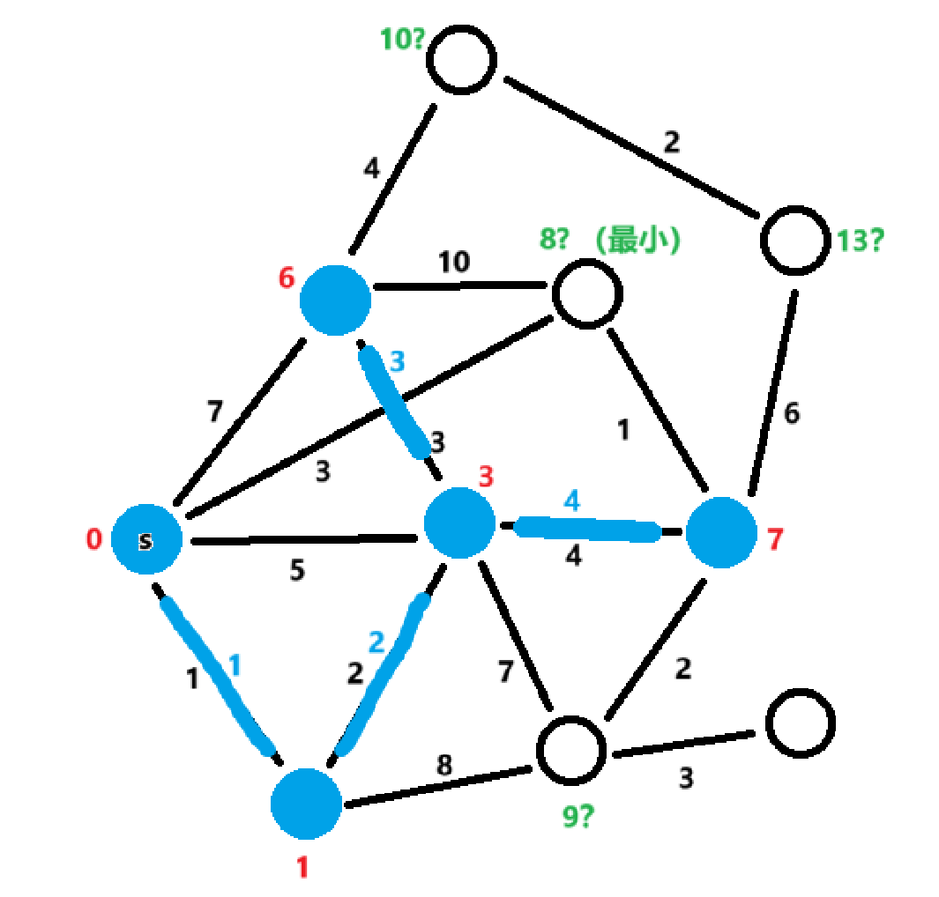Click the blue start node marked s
coord(146,539)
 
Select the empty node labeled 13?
coord(796,240)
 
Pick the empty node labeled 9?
coord(572,752)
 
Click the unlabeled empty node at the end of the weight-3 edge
coord(800,722)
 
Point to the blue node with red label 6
coord(335,300)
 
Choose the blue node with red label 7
coord(721,532)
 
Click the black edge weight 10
coord(455,262)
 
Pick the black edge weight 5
coord(298,571)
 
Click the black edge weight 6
coord(792,413)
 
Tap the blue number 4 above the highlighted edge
coord(572,501)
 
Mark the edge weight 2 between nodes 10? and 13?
coord(672,143)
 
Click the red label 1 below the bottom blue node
coord(302,868)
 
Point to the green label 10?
coord(404,40)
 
